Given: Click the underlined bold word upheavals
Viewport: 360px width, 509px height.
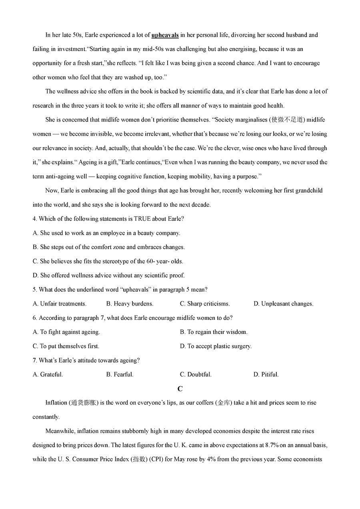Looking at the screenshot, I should pos(165,35).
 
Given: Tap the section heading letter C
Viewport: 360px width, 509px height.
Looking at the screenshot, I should pos(180,389).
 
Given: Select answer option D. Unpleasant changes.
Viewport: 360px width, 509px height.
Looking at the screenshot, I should pos(283,304).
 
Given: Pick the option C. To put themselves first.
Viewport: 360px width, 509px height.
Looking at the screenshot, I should pos(66,346).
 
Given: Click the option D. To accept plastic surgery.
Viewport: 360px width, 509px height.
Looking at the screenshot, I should pos(216,346).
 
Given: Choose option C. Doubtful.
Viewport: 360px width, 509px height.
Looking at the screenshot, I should pos(196,375).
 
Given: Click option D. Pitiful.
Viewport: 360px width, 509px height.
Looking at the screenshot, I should pos(266,375).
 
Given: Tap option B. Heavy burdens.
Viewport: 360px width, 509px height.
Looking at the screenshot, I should pos(130,304).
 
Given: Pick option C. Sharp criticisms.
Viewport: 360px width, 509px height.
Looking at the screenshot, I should pos(205,304).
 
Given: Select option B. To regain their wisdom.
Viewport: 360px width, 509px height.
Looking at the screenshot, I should pos(214,332).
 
